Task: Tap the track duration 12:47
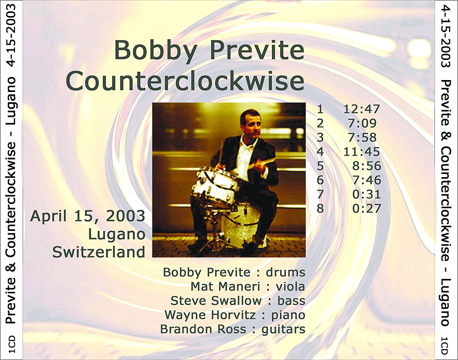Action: click(x=362, y=109)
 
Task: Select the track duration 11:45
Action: click(x=362, y=152)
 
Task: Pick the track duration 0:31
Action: click(x=367, y=194)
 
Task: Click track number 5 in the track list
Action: click(x=320, y=166)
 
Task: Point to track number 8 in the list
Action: click(x=320, y=209)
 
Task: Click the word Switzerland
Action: click(x=99, y=252)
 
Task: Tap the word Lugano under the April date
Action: click(x=117, y=235)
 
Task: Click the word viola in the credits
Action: click(x=291, y=287)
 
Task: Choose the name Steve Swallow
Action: click(x=216, y=301)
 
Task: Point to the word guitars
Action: click(x=283, y=330)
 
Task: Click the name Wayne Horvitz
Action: click(x=210, y=315)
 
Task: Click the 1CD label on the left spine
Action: click(x=12, y=345)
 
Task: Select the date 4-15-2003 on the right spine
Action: click(x=446, y=37)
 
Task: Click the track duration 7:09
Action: click(x=362, y=123)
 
